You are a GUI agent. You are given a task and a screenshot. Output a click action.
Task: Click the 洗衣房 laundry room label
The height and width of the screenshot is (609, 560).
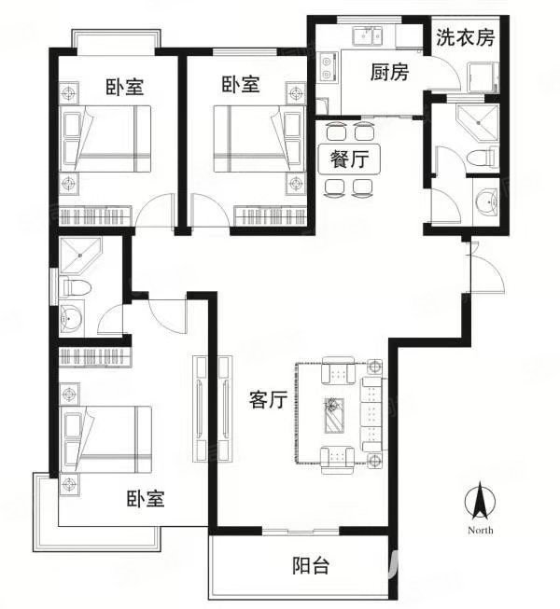(x=465, y=37)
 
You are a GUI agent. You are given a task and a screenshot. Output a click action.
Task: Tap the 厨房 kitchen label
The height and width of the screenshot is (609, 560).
(x=389, y=72)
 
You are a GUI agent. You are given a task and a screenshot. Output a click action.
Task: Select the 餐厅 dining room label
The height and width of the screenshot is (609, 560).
(x=349, y=159)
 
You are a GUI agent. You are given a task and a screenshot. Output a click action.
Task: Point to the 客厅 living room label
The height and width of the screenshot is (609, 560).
(x=269, y=400)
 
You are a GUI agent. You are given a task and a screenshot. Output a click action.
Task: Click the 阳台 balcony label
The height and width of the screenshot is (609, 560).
(x=311, y=565)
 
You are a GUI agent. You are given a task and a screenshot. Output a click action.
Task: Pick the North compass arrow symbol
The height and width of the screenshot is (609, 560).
(x=481, y=502)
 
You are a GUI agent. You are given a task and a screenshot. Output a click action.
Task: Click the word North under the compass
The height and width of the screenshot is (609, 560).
(x=481, y=530)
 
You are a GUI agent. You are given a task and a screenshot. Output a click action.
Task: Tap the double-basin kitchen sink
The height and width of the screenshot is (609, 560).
(x=368, y=36)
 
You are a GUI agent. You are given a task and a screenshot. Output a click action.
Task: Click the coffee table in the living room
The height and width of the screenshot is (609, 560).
(x=335, y=415)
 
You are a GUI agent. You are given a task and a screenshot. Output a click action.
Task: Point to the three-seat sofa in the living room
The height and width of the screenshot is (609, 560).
(x=372, y=414)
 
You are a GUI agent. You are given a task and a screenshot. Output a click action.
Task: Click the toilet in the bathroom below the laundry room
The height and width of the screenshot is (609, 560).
(x=482, y=159)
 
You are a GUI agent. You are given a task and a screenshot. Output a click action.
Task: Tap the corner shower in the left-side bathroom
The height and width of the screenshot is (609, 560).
(x=80, y=256)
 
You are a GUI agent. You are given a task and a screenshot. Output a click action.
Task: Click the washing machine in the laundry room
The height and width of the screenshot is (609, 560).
(x=483, y=76)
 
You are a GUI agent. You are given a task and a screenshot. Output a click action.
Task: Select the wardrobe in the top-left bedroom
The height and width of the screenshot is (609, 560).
(x=95, y=216)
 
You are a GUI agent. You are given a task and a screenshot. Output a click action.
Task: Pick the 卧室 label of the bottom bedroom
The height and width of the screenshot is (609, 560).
(x=146, y=499)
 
